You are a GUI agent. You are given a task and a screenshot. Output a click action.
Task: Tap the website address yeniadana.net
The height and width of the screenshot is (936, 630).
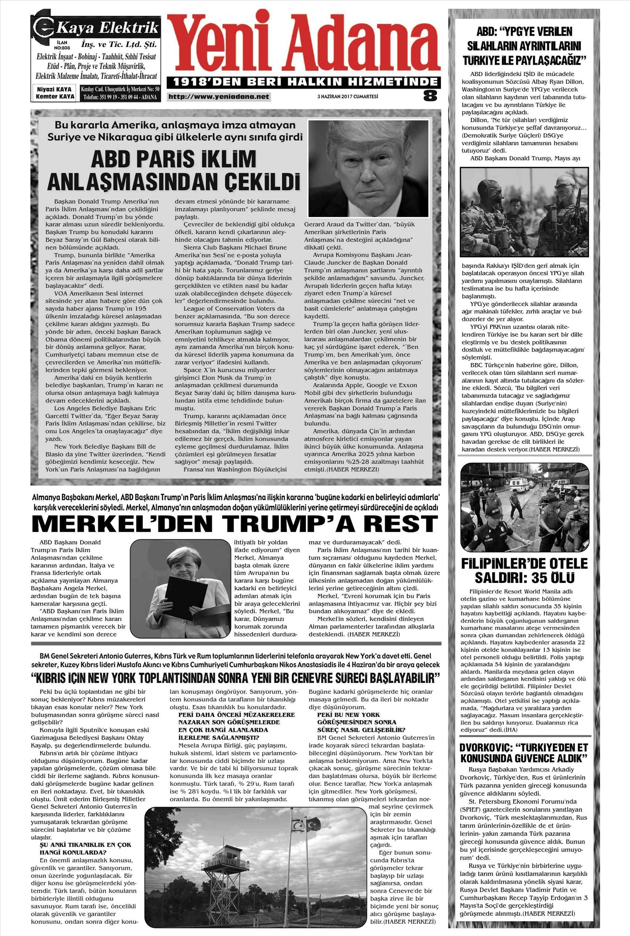click(218, 97)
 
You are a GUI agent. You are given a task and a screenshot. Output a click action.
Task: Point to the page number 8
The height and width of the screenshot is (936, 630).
click(430, 96)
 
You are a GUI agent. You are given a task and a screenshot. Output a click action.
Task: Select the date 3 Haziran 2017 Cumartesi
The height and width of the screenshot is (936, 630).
click(347, 97)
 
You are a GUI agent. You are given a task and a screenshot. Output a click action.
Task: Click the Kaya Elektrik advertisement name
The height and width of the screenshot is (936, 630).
click(108, 28)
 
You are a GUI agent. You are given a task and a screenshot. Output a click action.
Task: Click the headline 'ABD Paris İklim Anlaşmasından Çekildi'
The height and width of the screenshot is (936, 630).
click(173, 170)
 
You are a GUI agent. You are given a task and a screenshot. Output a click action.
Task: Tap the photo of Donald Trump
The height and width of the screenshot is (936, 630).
click(368, 168)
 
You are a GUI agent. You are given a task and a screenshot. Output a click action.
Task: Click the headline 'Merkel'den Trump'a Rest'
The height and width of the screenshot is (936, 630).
click(235, 524)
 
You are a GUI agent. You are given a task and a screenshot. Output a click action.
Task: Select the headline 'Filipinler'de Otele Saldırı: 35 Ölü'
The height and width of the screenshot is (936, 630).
click(525, 571)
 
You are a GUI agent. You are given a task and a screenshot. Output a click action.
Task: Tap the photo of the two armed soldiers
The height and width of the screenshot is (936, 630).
click(524, 212)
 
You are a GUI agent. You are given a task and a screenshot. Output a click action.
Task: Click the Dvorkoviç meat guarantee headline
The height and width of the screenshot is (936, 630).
click(524, 753)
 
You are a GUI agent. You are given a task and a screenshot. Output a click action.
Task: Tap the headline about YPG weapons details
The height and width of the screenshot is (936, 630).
click(524, 46)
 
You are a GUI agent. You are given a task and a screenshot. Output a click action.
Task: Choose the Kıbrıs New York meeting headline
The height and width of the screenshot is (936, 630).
click(236, 678)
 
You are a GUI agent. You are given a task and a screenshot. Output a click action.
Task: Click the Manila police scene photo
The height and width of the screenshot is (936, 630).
click(525, 507)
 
